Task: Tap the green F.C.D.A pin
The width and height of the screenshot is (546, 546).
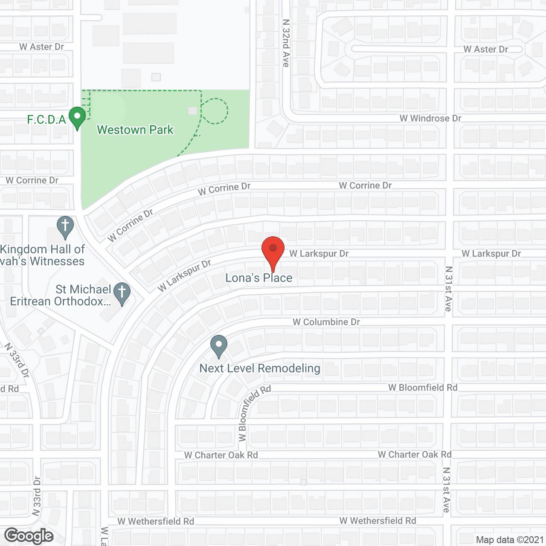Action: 77,117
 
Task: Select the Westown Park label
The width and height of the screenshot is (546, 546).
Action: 135,130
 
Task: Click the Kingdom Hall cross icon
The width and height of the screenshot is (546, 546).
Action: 65,227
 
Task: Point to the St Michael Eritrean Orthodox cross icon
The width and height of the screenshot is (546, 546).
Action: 122,293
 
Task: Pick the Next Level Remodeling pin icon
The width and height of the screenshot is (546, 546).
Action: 219,346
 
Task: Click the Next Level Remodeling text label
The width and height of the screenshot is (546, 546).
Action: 260,369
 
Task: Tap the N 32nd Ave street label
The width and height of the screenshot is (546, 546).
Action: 286,43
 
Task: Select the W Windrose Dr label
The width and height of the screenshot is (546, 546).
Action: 430,118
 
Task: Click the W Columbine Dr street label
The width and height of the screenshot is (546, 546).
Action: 326,322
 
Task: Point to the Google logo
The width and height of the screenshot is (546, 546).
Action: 29,536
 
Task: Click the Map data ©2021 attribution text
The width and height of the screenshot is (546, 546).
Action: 510,540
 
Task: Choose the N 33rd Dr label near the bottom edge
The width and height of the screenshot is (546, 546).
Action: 37,496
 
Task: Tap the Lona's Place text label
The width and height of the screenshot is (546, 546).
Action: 259,278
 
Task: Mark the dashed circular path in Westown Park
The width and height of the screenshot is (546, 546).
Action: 215,111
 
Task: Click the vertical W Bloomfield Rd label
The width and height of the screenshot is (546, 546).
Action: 254,413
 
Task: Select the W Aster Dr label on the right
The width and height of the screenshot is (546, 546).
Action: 486,49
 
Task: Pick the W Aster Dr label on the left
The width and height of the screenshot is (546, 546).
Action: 41,47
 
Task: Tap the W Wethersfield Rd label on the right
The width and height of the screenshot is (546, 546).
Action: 378,521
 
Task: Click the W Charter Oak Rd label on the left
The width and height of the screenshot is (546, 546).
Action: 221,455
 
